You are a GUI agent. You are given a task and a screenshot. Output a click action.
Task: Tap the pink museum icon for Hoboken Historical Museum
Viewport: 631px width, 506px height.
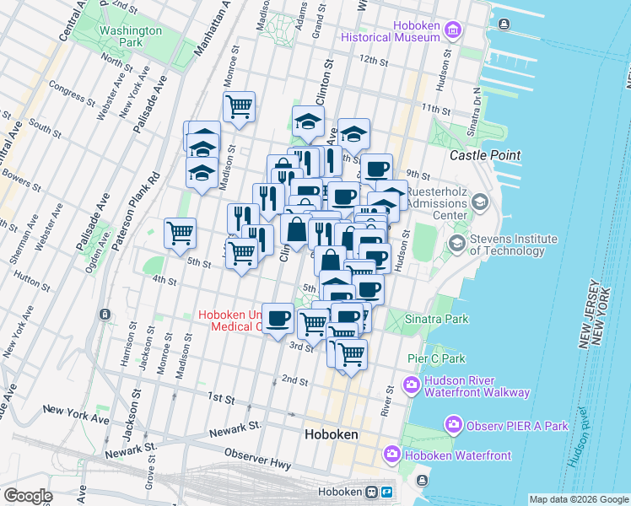(x=454, y=31)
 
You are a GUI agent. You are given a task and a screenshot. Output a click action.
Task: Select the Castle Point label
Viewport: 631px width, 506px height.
(x=485, y=155)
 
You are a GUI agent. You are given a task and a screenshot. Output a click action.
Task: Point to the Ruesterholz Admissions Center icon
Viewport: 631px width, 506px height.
(x=480, y=202)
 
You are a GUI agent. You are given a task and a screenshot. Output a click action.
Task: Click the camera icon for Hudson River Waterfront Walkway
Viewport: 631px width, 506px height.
(x=413, y=386)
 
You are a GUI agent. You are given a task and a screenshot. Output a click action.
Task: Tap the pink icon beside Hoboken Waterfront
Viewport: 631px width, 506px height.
(x=392, y=455)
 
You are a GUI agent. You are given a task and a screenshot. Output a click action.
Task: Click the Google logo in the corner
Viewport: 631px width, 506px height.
(x=27, y=496)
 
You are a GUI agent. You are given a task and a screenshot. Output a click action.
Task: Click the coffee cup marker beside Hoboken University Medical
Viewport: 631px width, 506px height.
(x=278, y=319)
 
